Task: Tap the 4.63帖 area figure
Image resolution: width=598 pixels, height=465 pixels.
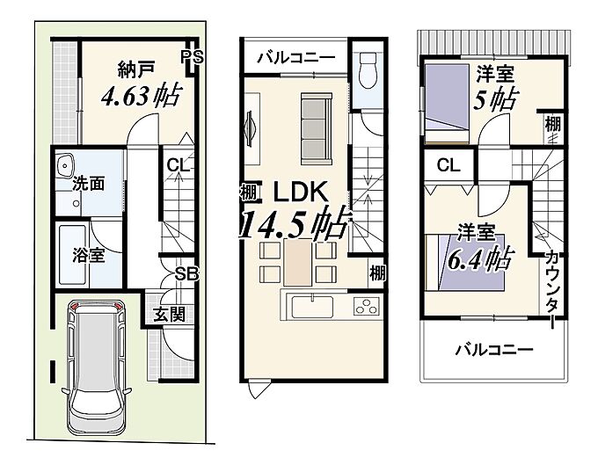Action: [141, 96]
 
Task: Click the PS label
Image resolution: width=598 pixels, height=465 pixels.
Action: [193, 57]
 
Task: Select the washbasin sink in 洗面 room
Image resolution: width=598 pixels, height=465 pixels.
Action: [66, 166]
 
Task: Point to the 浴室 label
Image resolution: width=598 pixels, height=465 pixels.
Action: [89, 256]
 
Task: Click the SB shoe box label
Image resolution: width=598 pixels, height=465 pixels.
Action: [187, 273]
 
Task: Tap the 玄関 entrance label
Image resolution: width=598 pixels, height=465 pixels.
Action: [170, 315]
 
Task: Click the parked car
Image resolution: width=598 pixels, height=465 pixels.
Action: [97, 367]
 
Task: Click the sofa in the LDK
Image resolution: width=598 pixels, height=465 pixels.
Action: [317, 129]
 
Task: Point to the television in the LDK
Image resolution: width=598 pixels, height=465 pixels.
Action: [250, 128]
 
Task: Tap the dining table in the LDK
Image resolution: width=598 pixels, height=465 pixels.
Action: [298, 263]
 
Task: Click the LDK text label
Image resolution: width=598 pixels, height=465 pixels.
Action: [301, 192]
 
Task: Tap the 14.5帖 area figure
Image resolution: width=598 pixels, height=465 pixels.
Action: [295, 224]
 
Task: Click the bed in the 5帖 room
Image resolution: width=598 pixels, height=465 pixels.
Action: [447, 104]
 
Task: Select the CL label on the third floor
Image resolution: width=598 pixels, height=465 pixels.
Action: [448, 165]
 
